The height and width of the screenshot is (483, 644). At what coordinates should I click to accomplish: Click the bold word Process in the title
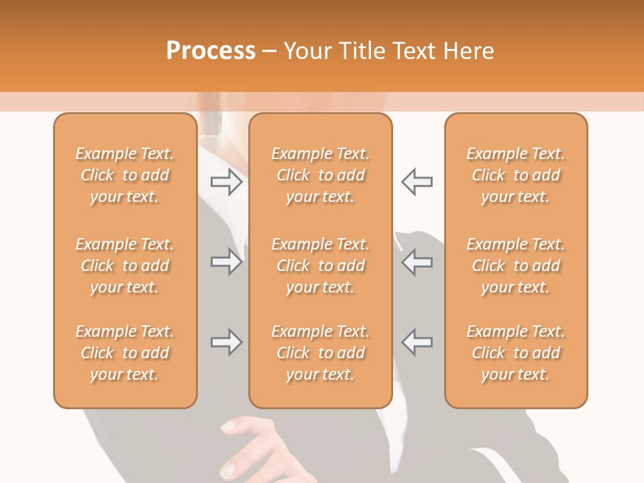coord(211,50)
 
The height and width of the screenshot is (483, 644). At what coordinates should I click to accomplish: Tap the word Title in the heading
coord(361,50)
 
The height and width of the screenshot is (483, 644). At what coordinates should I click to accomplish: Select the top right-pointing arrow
coord(226,182)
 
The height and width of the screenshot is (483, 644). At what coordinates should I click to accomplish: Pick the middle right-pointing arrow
coord(226,262)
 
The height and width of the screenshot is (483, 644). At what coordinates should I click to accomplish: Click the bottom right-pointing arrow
coord(226,342)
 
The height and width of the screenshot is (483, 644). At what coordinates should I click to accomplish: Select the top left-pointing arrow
coord(417,182)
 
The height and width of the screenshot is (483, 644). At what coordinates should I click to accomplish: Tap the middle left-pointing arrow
coord(417,262)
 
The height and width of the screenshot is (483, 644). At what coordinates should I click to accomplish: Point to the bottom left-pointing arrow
coord(417,342)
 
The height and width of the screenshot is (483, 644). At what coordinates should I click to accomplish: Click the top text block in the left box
coord(125,175)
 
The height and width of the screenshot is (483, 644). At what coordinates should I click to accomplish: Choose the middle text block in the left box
coord(125,266)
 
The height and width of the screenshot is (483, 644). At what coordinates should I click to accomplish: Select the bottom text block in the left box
coord(125,353)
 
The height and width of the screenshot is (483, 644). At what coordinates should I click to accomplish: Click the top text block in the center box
coord(321,175)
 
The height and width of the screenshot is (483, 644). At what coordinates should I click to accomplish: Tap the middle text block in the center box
coord(321,266)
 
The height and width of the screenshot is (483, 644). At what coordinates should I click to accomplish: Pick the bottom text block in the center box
coord(321,353)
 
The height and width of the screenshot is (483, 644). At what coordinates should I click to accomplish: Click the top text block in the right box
coord(516,175)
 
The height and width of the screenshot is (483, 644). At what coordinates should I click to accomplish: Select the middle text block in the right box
coord(516,266)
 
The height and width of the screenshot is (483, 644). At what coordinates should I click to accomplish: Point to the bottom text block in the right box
coord(516,353)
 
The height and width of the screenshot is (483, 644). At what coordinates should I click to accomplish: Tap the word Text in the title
coord(413,50)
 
